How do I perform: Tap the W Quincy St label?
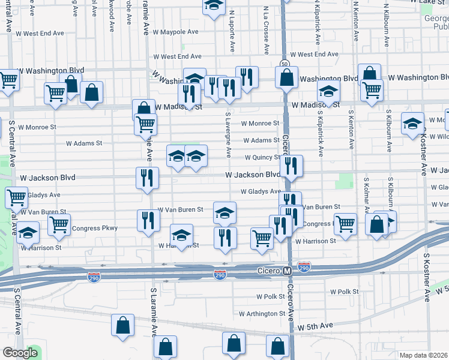point(262,158)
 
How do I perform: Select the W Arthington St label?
point(262,313)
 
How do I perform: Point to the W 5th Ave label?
point(315,325)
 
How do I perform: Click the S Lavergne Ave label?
point(228,134)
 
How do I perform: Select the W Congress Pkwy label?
point(94,228)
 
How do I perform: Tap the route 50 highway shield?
point(283,64)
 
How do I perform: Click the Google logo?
point(20,353)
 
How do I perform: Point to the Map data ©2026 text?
point(424,355)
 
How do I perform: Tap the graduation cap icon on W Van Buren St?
point(225,212)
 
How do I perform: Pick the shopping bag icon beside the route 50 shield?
point(287,76)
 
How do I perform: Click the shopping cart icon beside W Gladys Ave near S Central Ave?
point(16,197)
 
